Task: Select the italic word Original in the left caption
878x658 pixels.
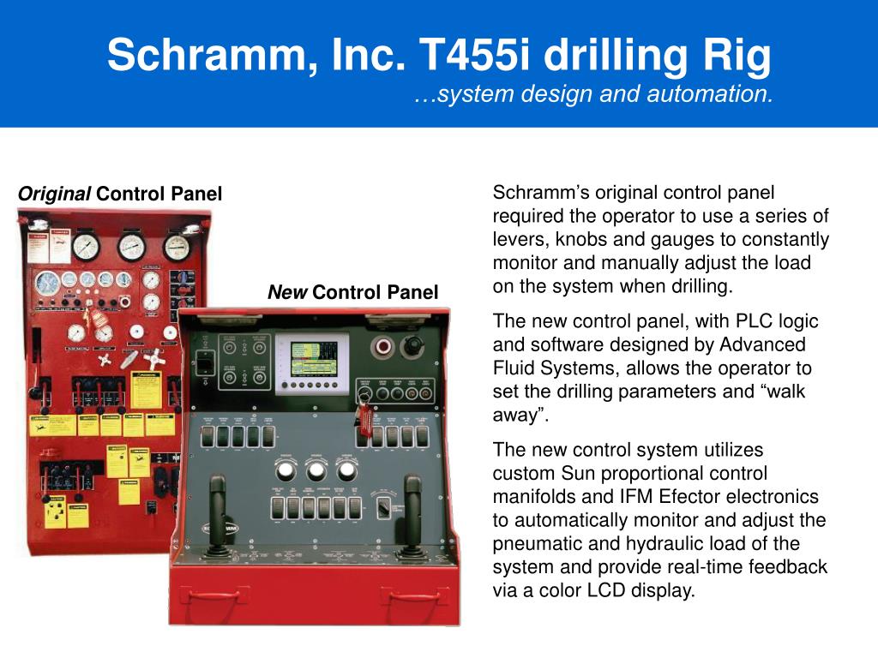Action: [x=55, y=194]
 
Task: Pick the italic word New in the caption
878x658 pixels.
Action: [x=287, y=293]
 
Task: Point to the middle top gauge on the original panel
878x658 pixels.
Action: [x=131, y=246]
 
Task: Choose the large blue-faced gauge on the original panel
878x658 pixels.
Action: [x=48, y=281]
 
